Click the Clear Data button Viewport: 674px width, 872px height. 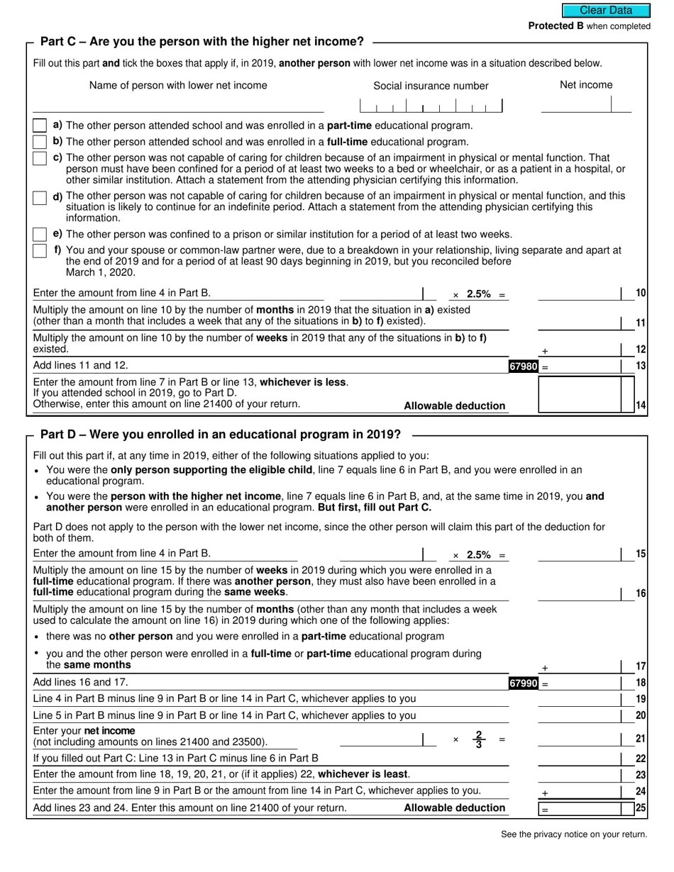tap(606, 11)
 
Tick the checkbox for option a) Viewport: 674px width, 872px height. tap(40, 125)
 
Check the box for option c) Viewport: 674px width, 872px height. tap(40, 158)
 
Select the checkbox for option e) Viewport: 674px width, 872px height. tap(40, 234)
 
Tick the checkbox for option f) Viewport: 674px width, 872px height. tap(40, 251)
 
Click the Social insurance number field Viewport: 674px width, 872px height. tap(431, 106)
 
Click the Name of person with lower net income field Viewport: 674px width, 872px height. tap(178, 105)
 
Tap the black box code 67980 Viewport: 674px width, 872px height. tap(524, 367)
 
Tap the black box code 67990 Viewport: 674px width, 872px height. tap(524, 683)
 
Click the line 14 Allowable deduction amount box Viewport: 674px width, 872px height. tap(585, 395)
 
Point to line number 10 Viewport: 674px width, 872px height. tap(641, 294)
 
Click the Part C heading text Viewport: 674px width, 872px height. tap(202, 42)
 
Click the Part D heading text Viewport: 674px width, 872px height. tap(220, 434)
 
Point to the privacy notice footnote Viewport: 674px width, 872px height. tap(574, 834)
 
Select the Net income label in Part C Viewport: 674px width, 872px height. tap(586, 85)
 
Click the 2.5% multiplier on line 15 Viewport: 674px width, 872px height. tap(479, 555)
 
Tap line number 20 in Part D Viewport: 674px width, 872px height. tap(641, 716)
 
